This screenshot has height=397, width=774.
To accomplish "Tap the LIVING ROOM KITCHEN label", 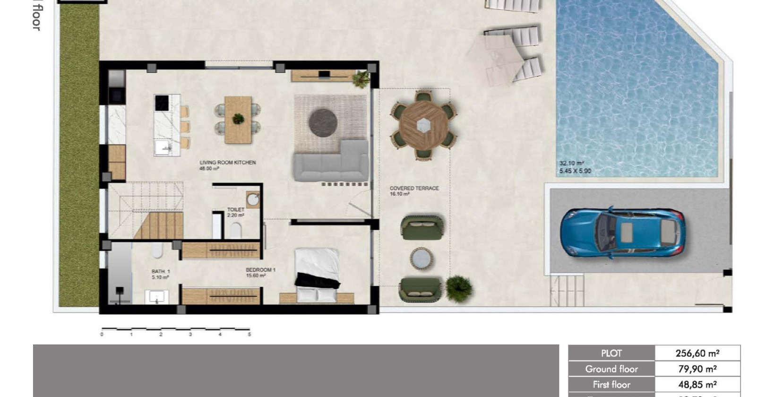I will point(227,163).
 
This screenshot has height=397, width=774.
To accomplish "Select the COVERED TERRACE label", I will point(414,188).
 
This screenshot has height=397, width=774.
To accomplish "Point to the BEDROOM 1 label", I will point(260,270).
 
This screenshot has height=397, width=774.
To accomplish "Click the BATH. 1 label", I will point(161,272).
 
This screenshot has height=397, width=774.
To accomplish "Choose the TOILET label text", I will point(236,209).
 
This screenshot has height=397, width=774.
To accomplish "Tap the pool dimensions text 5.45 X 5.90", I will point(575,171).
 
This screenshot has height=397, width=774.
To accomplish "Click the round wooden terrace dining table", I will point(423,125).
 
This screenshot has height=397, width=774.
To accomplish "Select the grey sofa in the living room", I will point(331,163).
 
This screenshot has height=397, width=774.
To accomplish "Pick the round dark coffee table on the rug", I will point(323,121).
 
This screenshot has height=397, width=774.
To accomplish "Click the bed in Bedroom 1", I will point(317,274).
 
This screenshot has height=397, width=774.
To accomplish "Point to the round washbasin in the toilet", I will point(253,199).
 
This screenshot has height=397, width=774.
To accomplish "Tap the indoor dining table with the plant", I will point(238,119).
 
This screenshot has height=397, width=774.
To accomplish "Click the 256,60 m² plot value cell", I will point(697,353).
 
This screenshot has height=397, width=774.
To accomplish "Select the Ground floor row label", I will point(611,369).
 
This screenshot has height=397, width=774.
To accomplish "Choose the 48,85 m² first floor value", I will point(697,385).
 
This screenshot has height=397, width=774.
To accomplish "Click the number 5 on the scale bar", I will point(249,335).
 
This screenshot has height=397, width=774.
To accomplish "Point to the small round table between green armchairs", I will point(422,259).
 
